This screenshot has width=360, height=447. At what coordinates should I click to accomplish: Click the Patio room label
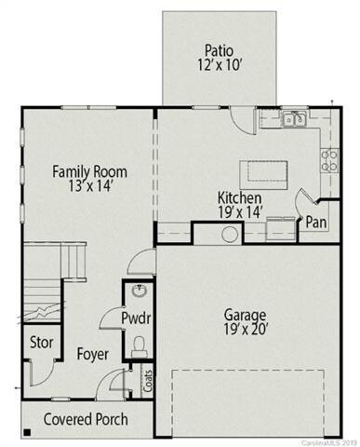coord(219,49)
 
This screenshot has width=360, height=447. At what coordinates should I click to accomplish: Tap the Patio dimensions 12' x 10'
coord(219,65)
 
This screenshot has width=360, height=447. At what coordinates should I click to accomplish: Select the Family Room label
coord(90,171)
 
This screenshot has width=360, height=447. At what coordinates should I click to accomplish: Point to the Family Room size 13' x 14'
coord(90,187)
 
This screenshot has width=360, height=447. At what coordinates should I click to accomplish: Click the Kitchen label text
coord(239,197)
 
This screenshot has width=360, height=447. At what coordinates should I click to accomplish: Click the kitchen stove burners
coord(329,160)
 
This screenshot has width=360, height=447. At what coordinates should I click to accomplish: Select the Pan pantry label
coord(316,223)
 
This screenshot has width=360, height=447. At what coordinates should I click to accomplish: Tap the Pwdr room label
coord(137,318)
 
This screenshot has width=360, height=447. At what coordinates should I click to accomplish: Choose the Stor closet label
coord(39,342)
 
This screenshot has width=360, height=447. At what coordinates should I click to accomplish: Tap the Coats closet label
coord(147,381)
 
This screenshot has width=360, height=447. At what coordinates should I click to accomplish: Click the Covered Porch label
coord(86,419)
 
